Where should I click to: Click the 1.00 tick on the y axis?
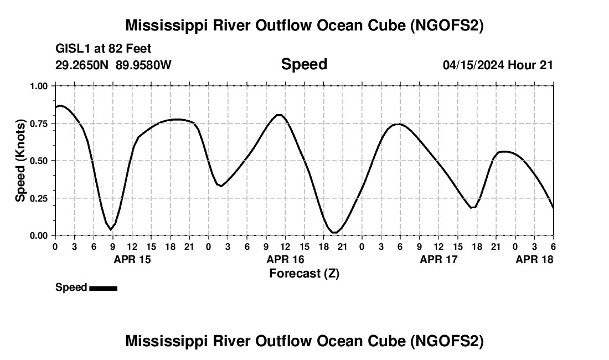point(39,86)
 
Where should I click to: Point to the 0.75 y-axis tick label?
point(39,124)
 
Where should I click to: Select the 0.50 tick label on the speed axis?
point(39,161)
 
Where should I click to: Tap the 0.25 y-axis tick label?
point(39,198)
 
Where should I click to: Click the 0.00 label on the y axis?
point(39,235)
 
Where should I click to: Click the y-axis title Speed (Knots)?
point(20,161)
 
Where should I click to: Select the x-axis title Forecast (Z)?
point(304,273)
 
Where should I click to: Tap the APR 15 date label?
point(132,259)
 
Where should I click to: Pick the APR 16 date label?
point(286,259)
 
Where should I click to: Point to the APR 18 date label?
point(535,259)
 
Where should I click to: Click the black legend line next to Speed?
point(103,288)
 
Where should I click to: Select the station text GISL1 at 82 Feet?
point(104,49)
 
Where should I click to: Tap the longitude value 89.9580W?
point(143,65)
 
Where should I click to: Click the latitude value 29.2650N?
point(82,65)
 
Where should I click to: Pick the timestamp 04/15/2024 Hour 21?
point(498,65)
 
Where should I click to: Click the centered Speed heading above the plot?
point(304,64)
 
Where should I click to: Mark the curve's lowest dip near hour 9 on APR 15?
point(111,229)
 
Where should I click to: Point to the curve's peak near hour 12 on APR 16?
point(280,115)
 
